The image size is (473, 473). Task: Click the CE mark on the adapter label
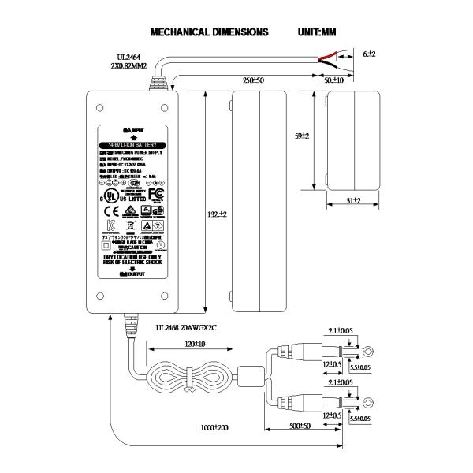pos(111,210)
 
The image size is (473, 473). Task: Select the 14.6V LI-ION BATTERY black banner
pos(132,146)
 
